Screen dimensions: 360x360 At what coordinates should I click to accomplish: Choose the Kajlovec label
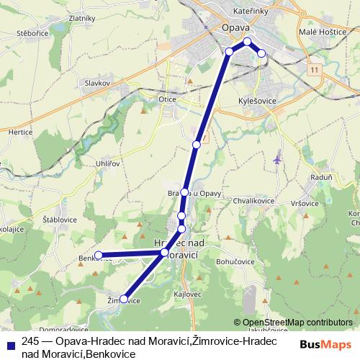pos(187,295)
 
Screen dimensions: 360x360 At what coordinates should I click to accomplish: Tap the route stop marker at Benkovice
pos(98,255)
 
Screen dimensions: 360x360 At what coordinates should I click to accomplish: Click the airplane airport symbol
pos(279,159)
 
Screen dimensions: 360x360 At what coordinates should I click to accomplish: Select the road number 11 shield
pos(315,70)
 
